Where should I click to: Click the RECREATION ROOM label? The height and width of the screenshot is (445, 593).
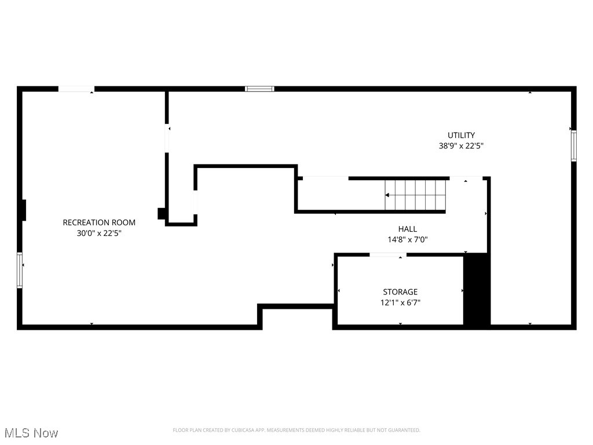click(x=99, y=222)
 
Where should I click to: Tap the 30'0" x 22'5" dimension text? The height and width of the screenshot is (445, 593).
click(x=99, y=234)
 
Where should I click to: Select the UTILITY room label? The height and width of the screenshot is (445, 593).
click(x=461, y=136)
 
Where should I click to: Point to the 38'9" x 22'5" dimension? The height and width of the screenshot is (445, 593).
click(x=461, y=147)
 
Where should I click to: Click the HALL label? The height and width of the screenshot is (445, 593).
click(x=407, y=229)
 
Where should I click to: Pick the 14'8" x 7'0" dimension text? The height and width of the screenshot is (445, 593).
click(x=407, y=239)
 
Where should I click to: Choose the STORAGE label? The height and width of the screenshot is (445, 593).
click(x=400, y=292)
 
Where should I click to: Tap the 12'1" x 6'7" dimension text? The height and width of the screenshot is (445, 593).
click(x=400, y=302)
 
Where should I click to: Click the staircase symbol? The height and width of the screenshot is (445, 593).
click(x=416, y=195)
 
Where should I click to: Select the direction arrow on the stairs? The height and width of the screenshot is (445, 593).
click(x=387, y=195)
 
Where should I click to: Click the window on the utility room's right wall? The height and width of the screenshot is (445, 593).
click(x=573, y=145)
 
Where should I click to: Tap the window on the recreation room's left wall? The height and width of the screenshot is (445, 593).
click(x=20, y=269)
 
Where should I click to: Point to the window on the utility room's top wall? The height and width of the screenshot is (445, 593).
click(x=259, y=89)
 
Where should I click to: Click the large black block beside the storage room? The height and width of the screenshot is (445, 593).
click(x=477, y=290)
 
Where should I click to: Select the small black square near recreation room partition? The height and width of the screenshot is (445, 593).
click(x=162, y=213)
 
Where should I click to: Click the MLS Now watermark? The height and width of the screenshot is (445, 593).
click(x=31, y=433)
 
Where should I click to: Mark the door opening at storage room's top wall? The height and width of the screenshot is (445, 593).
click(x=387, y=254)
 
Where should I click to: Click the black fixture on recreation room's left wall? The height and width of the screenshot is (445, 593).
click(x=24, y=210)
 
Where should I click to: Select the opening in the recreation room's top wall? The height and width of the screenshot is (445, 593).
click(x=76, y=89)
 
